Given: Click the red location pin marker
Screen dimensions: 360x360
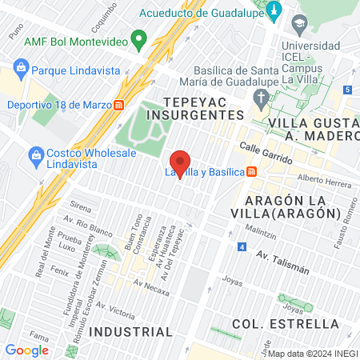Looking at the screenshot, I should click(x=181, y=164).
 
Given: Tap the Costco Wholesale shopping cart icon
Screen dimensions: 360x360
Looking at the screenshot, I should click(x=35, y=154).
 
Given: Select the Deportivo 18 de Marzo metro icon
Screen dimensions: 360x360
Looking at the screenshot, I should click(x=119, y=104).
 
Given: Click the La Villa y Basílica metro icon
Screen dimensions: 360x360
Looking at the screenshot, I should click(x=252, y=170).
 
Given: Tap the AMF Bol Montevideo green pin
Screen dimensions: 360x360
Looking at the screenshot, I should click(x=138, y=38).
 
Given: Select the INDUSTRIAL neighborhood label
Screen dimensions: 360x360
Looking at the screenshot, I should click(x=119, y=330).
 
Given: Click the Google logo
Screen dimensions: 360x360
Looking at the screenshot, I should click(x=27, y=350).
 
